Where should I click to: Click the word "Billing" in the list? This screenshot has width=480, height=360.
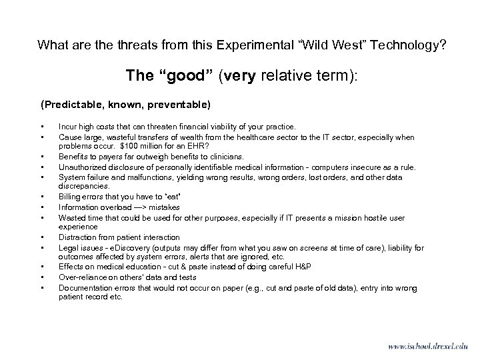pyautogui.click(x=70, y=197)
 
